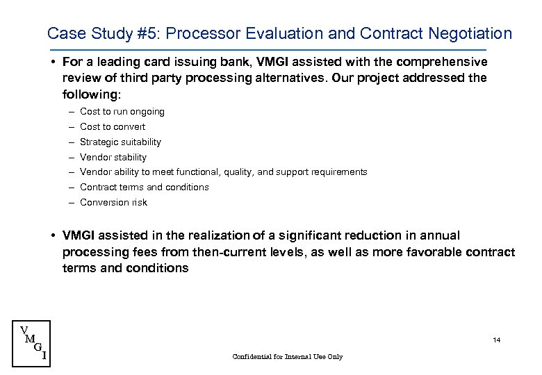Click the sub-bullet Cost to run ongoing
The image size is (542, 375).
click(122, 112)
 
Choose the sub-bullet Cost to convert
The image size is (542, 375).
click(113, 127)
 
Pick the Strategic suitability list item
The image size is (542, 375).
click(120, 142)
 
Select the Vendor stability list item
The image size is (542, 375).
click(113, 158)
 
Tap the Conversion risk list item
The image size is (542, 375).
click(113, 203)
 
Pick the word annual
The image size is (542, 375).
click(441, 236)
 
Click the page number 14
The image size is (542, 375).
click(496, 340)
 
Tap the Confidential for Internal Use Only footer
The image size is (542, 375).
click(288, 357)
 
